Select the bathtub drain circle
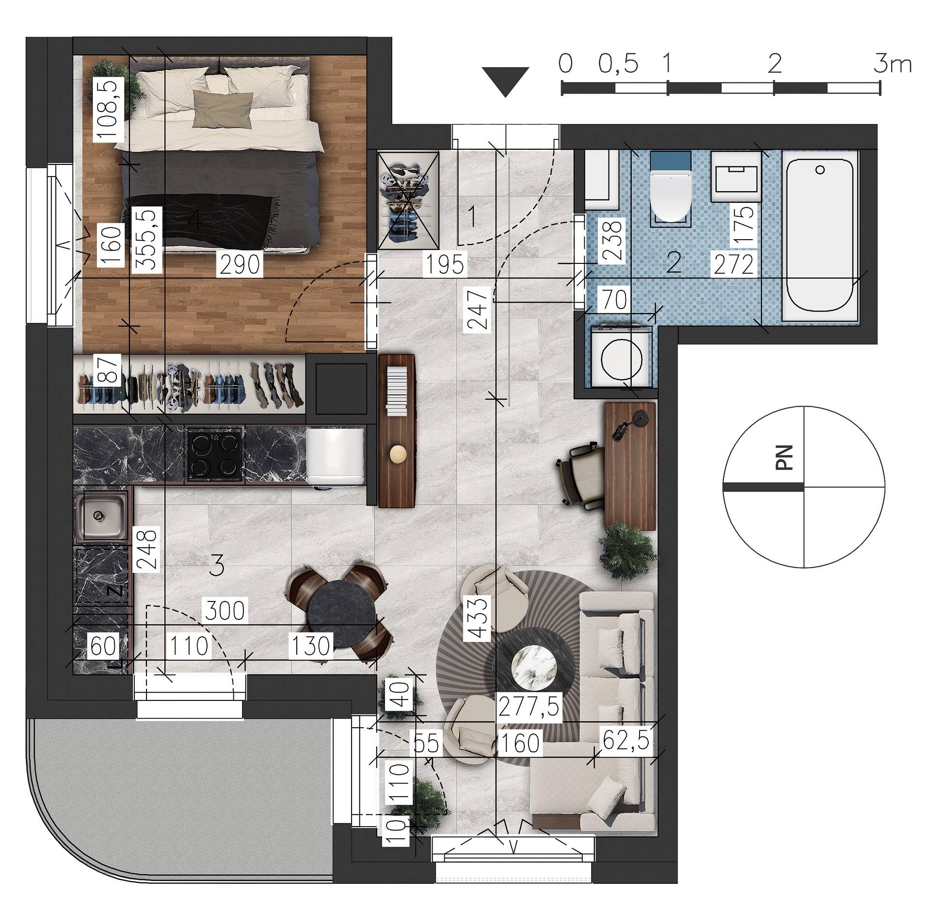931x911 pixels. pos(820,170)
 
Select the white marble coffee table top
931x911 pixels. pos(534,667)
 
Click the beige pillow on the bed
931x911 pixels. pos(223,109)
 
